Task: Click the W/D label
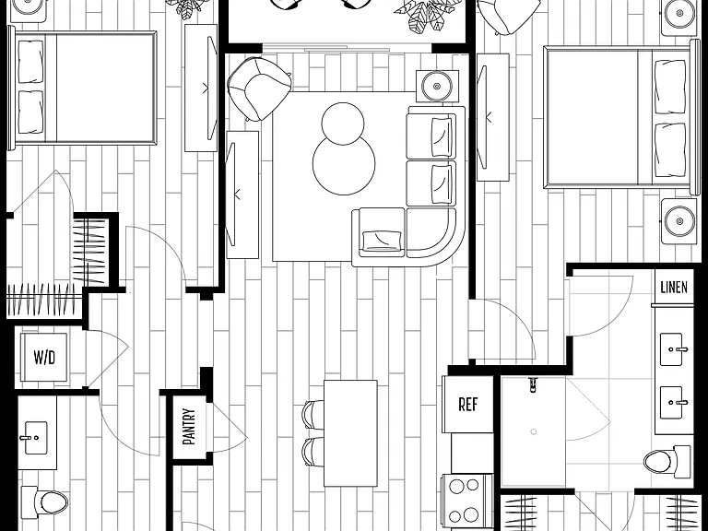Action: tap(44, 358)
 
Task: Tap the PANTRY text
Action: tap(189, 426)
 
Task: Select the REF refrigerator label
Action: tap(467, 404)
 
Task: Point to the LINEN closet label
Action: tap(674, 288)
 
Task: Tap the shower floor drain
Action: tap(533, 431)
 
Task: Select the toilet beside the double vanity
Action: tap(667, 462)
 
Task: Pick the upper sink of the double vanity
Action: tap(671, 349)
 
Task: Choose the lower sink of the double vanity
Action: tap(671, 402)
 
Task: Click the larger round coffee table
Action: tap(344, 166)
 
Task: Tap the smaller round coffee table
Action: tap(343, 124)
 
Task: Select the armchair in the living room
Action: tap(259, 88)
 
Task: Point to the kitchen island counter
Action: tap(350, 433)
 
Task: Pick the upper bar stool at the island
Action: tap(313, 414)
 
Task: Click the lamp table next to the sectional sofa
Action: tap(437, 87)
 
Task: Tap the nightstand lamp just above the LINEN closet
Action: tap(679, 221)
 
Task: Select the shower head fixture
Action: tap(533, 383)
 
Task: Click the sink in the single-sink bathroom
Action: tap(36, 438)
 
